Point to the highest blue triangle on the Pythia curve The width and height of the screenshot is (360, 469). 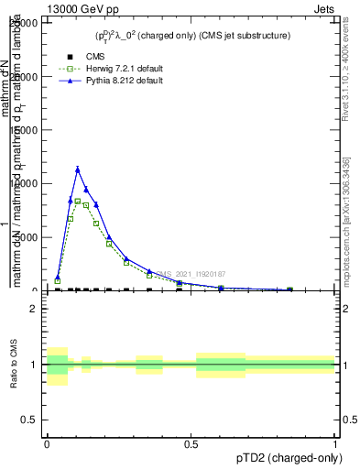pyautogui.click(x=78, y=169)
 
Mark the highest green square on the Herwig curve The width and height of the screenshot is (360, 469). pyautogui.click(x=78, y=202)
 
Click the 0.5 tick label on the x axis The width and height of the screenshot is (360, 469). pyautogui.click(x=191, y=443)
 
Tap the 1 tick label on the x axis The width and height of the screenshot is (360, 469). pyautogui.click(x=335, y=443)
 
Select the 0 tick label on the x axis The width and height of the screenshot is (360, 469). pyautogui.click(x=47, y=443)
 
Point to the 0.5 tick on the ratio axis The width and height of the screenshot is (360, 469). pyautogui.click(x=29, y=420)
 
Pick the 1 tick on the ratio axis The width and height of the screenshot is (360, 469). pyautogui.click(x=34, y=365)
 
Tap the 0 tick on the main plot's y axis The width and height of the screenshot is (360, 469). pyautogui.click(x=34, y=290)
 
